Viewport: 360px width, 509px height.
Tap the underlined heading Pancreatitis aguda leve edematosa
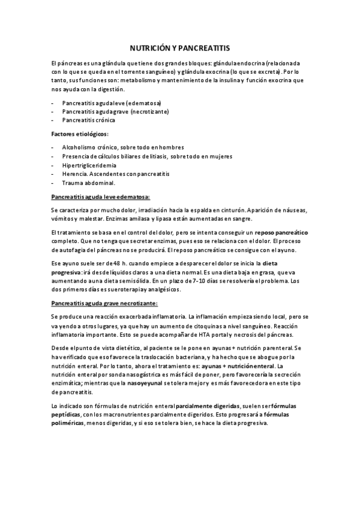[101, 196]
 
